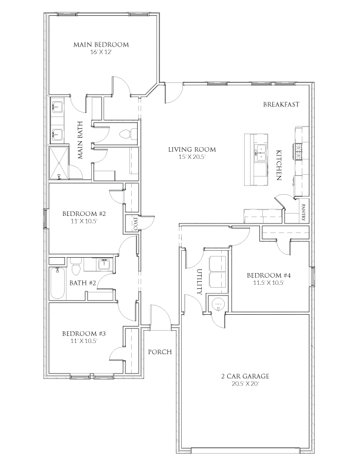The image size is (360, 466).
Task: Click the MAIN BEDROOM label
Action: pos(101,45)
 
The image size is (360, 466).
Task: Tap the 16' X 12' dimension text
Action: pos(101,53)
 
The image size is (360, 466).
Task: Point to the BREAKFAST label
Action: pos(282,105)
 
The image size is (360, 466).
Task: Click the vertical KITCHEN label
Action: pos(279,165)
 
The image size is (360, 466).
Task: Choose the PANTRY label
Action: pos(304,211)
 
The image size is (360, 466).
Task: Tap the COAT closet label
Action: pos(135,224)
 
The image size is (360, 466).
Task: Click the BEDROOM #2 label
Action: pos(85,214)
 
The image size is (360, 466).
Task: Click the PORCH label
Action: pos(159,352)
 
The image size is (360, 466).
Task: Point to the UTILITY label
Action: pos(199,281)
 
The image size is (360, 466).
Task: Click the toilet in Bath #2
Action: pos(75,268)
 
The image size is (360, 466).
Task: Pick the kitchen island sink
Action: pos(259,154)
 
